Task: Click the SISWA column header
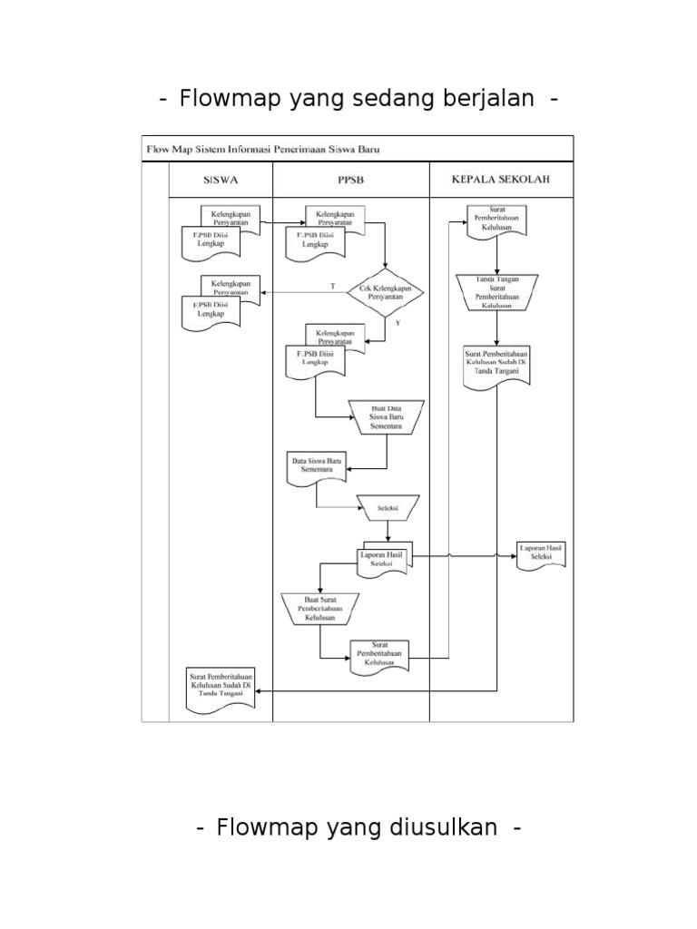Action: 221,179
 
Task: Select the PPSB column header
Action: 350,179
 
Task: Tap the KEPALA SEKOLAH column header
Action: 500,179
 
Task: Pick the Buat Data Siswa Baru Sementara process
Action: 388,416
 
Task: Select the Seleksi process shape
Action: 388,509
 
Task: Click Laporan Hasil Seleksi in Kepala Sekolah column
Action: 541,554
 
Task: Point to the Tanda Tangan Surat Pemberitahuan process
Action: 497,291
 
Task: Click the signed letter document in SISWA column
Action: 221,686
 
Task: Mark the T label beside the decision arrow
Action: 332,286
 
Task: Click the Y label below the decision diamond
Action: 398,322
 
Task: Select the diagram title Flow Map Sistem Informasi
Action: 262,149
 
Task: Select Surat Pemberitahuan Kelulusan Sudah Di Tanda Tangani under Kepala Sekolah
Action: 497,365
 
